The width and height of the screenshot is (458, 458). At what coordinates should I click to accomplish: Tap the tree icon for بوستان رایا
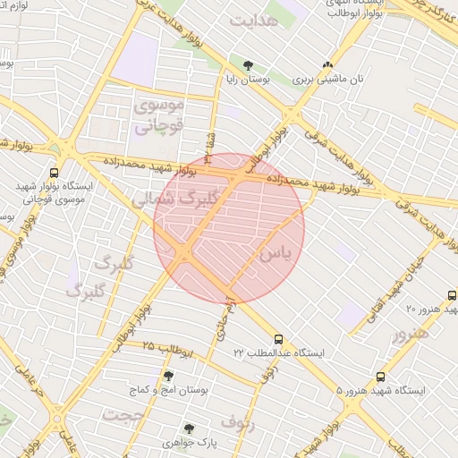coord(249,64)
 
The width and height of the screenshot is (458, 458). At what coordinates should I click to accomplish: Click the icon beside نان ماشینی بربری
coord(328,64)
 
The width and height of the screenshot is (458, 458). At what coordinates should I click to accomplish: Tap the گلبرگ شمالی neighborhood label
coord(177,199)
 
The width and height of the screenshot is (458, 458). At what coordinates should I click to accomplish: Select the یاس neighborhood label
coord(275,254)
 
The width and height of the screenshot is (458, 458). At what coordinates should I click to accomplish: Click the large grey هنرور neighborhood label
coord(410,332)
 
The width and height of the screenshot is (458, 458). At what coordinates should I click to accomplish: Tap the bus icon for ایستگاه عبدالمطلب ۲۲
coord(279,339)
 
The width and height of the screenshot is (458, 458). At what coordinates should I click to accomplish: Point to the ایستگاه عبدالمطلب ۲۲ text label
coord(279,354)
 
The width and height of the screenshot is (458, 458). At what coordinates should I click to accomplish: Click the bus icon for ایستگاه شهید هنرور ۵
coord(381,377)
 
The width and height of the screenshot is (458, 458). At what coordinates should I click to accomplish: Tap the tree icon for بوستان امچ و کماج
coord(168,376)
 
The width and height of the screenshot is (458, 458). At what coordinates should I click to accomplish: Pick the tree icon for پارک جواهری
coord(188,428)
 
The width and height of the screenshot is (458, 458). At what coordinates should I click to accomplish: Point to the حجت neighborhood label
coord(123,415)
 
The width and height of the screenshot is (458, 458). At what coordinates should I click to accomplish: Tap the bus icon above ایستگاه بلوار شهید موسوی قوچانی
coord(55,173)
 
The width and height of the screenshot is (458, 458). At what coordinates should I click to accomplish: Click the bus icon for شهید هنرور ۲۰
coord(451,295)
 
